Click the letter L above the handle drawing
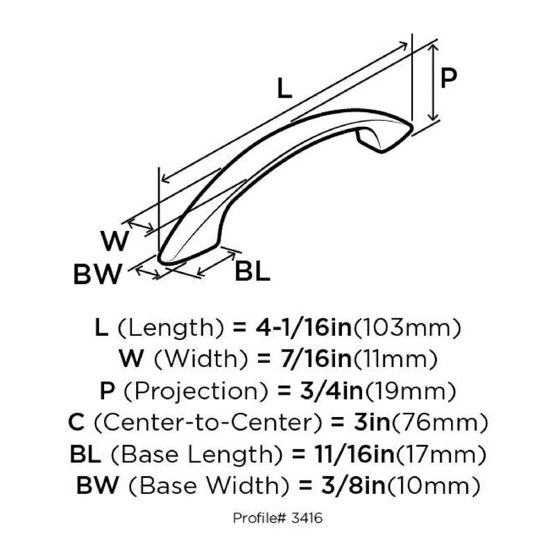point(284,88)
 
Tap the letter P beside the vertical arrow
point(448,78)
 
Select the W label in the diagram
point(114,241)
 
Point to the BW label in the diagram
point(97,274)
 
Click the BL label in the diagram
point(253,271)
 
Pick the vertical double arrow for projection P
point(433,83)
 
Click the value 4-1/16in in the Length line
point(304,327)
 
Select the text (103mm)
point(407,327)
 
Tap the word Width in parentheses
point(201,359)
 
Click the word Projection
point(196,391)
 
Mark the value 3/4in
point(331,391)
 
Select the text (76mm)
point(439,422)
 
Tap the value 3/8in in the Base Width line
point(353,486)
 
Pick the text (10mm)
point(433,486)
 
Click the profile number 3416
point(307,518)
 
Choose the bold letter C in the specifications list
point(76,422)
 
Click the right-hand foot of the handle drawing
point(371,140)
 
